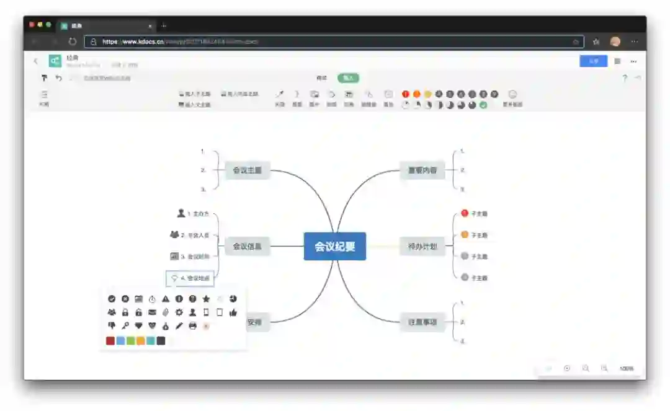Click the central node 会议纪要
(x=334, y=246)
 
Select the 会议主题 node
(x=247, y=170)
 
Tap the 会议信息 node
(x=247, y=246)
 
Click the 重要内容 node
(x=422, y=170)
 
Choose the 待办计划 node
(x=422, y=246)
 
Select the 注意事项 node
(x=422, y=322)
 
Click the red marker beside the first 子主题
(x=465, y=213)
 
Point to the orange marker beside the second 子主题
(x=465, y=235)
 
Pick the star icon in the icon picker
(x=206, y=299)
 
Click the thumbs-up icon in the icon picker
(x=233, y=312)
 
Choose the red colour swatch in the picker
(x=110, y=340)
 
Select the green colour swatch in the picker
(x=130, y=340)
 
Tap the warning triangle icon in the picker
(x=166, y=299)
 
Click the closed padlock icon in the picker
(x=125, y=312)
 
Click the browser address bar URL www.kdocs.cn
(x=133, y=42)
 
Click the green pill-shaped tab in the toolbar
(x=348, y=78)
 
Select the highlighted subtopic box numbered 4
(x=190, y=278)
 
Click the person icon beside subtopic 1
(x=181, y=213)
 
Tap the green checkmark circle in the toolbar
(x=483, y=105)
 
